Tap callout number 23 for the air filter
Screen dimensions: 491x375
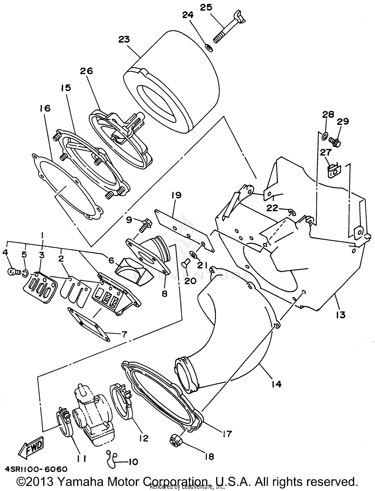[x=124, y=39]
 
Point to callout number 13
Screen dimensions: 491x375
[x=341, y=315]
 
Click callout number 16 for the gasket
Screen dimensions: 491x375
[x=45, y=108]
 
